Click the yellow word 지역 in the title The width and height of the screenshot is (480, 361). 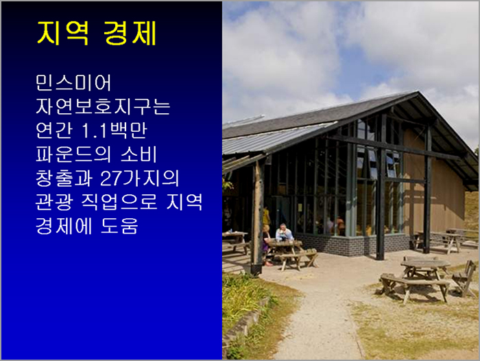(x=63, y=33)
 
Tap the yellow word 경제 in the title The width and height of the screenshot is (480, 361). (x=130, y=33)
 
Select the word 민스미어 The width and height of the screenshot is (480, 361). (x=73, y=83)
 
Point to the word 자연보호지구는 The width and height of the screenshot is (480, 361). (x=103, y=106)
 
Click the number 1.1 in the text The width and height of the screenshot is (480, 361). (x=95, y=130)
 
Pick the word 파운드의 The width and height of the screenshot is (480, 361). (x=73, y=154)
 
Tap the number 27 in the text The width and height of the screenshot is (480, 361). (x=111, y=178)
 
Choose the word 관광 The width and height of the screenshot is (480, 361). (x=54, y=202)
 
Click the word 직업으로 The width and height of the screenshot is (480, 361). (x=119, y=202)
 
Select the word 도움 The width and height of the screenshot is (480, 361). (x=119, y=226)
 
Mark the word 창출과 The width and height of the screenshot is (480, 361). (x=64, y=178)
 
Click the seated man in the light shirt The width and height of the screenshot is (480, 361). (x=284, y=233)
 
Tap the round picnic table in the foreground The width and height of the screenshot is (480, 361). (x=425, y=268)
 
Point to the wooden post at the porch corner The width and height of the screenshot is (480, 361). (x=258, y=218)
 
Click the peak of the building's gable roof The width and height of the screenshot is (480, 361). (x=418, y=92)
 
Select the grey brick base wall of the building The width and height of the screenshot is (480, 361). (x=352, y=244)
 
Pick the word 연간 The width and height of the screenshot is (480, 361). (x=54, y=130)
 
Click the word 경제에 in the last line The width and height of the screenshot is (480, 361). (x=64, y=226)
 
